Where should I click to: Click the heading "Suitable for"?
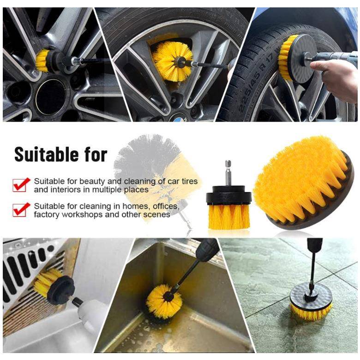coord(61,154)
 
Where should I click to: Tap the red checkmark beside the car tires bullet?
coord(21,185)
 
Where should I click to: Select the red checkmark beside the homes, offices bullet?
coord(21,210)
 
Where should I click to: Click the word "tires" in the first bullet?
coord(189,181)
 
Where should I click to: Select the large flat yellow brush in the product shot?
coord(303,182)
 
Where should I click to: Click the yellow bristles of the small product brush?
coord(228,216)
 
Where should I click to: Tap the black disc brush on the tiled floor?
coord(311,300)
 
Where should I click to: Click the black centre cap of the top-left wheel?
coord(50,97)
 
